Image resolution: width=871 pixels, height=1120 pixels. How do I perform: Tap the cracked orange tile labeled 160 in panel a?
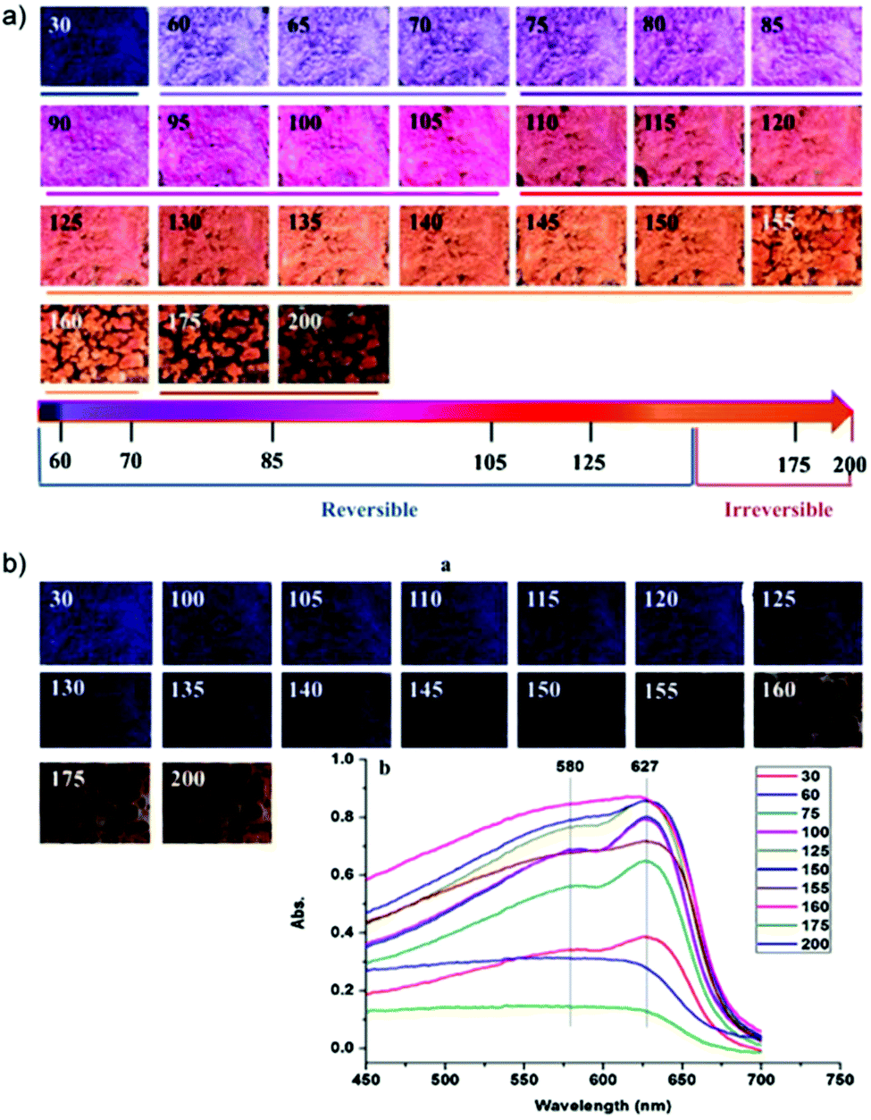tap(94, 344)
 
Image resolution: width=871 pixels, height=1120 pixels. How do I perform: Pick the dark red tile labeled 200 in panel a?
tap(333, 344)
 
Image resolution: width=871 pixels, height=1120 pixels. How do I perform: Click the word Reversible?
tap(370, 509)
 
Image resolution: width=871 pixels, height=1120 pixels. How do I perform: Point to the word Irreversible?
tap(778, 509)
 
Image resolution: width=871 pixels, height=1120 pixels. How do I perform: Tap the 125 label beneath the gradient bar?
tap(590, 462)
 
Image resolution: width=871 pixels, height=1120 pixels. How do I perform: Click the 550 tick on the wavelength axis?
tap(523, 1079)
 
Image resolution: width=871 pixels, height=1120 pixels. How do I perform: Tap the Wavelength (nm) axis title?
tap(602, 1106)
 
